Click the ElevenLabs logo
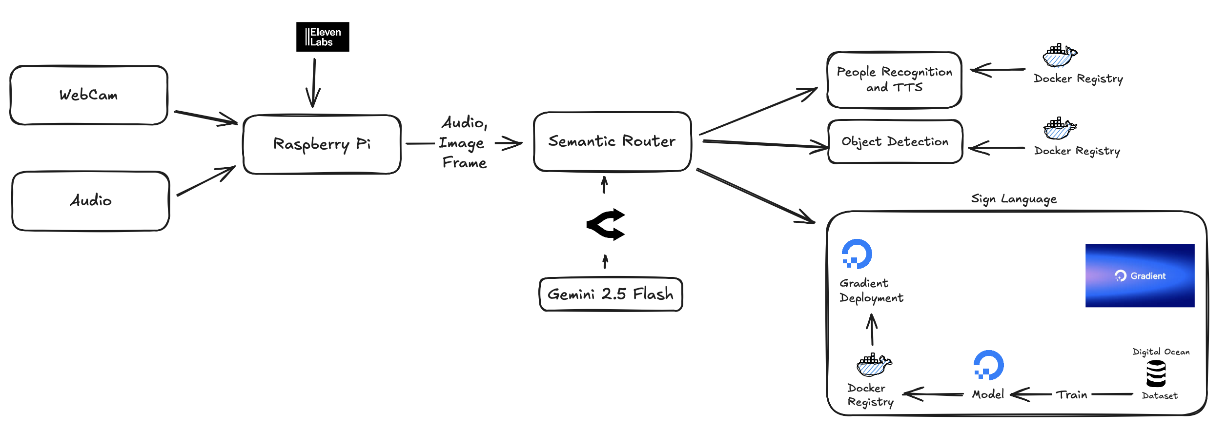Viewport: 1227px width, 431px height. tap(323, 37)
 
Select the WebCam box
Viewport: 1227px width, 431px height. tap(89, 95)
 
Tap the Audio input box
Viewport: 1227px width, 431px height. tap(91, 201)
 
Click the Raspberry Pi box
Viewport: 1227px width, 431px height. tap(322, 144)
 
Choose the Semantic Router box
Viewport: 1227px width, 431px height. tap(613, 141)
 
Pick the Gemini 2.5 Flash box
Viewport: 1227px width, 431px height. tap(611, 294)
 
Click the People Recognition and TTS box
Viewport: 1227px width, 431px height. tap(895, 80)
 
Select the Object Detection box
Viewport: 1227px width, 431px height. tap(896, 141)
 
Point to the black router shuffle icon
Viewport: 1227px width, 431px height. tap(606, 225)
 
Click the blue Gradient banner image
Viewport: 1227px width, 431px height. tap(1140, 275)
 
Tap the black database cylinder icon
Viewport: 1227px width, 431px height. tap(1156, 373)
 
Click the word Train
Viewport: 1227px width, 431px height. tap(1072, 394)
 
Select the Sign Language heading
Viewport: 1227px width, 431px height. tap(1014, 199)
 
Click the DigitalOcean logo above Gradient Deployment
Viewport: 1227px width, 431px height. tap(858, 254)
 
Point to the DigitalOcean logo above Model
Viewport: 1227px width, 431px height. tap(988, 365)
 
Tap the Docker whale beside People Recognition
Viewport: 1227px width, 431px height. tap(1060, 56)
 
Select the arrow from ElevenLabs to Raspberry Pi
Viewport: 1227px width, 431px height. tap(314, 83)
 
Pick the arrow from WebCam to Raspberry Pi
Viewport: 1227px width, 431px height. tap(206, 118)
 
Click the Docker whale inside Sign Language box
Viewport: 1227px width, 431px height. tap(874, 365)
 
